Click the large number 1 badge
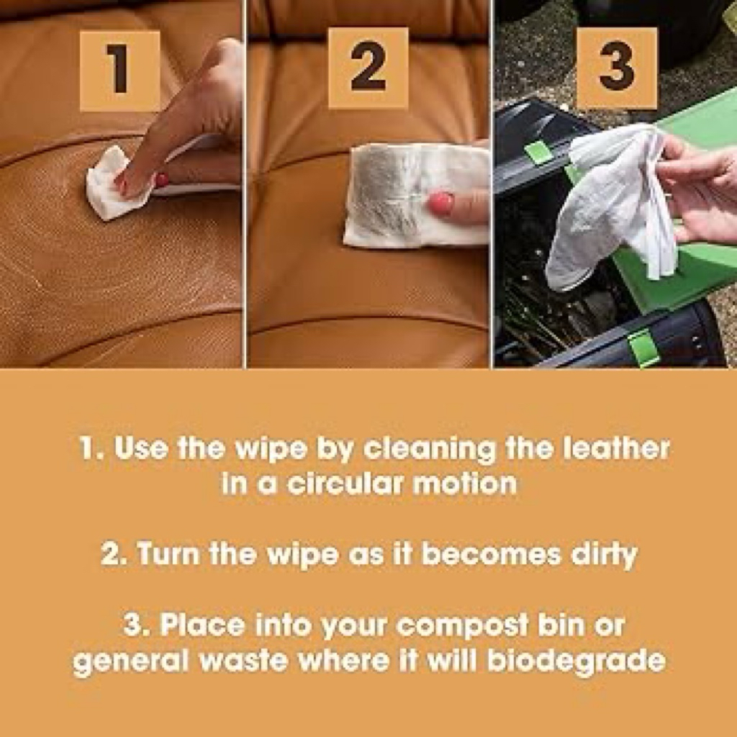(120, 71)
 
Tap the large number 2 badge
(368, 68)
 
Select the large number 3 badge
(617, 68)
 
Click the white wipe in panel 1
(113, 184)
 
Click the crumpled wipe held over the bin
(611, 207)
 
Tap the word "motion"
(464, 483)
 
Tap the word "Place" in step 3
(202, 625)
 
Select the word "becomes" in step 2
(491, 553)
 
